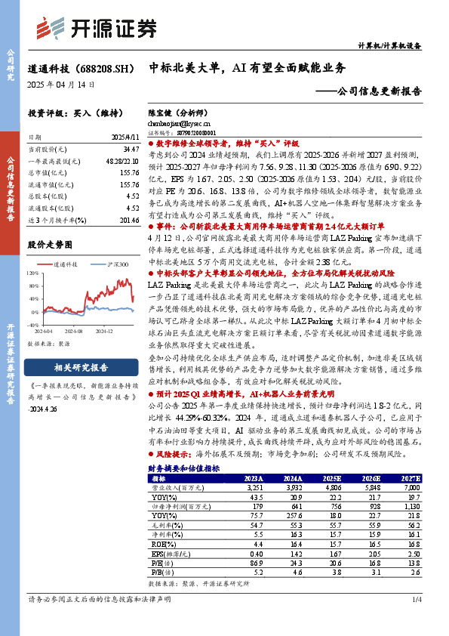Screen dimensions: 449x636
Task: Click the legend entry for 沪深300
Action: [113, 265]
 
